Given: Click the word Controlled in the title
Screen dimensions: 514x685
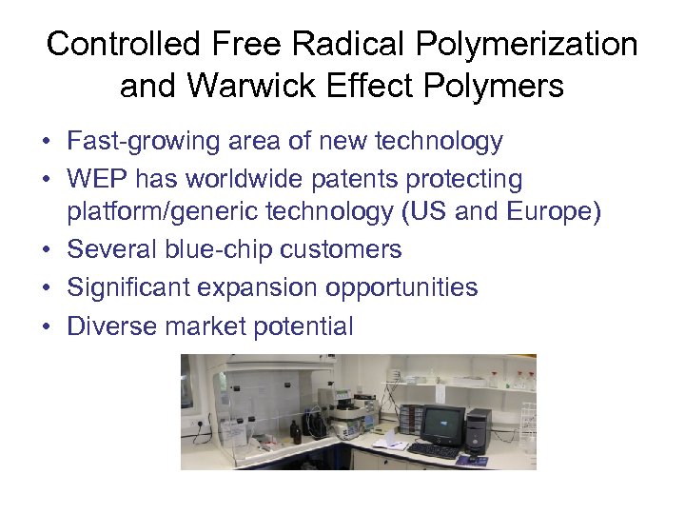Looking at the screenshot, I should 123,45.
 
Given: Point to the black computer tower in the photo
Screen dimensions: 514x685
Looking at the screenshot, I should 479,429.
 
